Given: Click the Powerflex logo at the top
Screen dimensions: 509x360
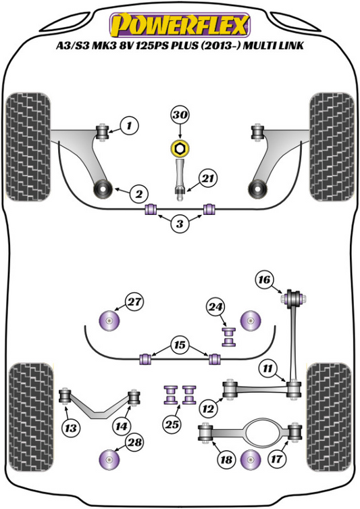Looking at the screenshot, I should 180,23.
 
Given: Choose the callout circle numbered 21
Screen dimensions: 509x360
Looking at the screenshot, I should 208,178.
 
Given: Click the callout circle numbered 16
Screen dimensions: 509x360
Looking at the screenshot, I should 265,278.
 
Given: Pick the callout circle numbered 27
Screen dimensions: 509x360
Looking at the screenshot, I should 135,301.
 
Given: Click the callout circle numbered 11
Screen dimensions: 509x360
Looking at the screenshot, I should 267,368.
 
